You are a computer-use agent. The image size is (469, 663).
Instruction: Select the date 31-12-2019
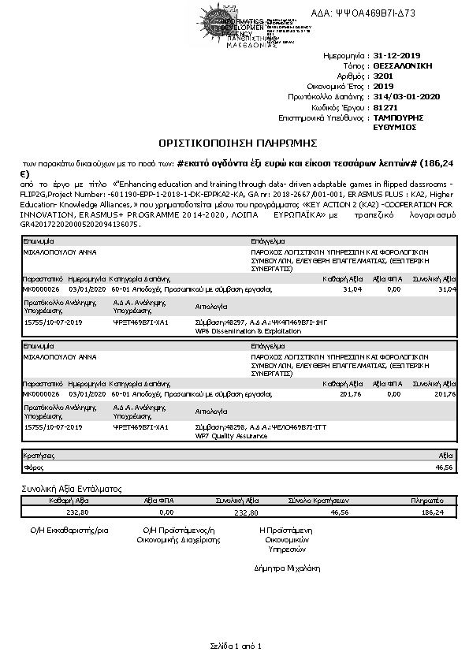click(398, 57)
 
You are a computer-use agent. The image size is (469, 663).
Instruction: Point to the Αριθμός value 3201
click(383, 76)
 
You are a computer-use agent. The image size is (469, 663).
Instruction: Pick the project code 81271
click(385, 106)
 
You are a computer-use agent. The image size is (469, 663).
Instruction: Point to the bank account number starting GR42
click(82, 224)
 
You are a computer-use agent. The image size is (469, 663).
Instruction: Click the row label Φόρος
click(33, 467)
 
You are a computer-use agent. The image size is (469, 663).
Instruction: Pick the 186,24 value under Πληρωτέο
click(433, 512)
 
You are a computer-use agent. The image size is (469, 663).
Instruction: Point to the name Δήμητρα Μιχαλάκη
click(287, 567)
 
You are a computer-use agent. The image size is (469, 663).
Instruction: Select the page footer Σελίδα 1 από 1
click(234, 646)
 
